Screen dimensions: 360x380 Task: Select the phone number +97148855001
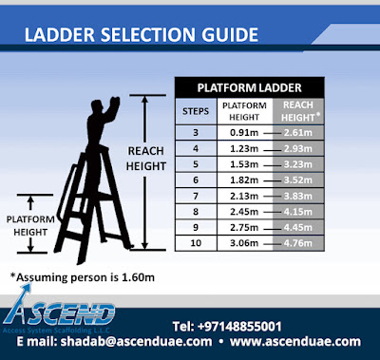tap(250, 325)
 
